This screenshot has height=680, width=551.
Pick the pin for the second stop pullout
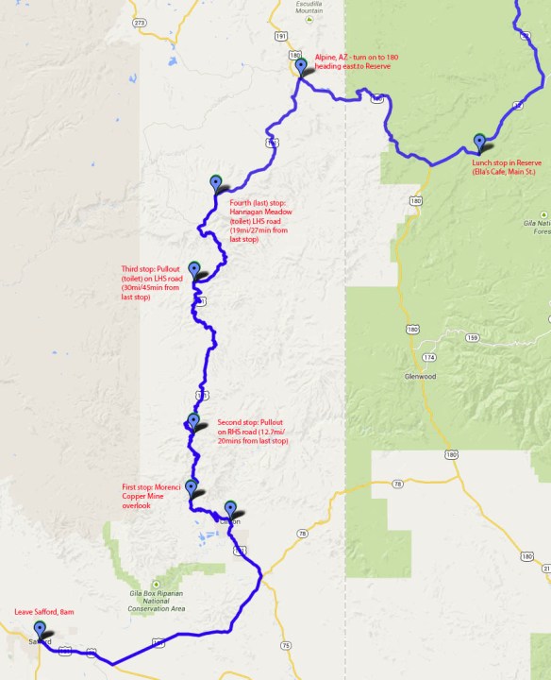pyautogui.click(x=193, y=421)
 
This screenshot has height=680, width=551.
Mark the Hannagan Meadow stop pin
pyautogui.click(x=216, y=182)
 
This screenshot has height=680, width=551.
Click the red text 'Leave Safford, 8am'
pyautogui.click(x=44, y=612)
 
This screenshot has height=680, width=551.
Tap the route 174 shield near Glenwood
pyautogui.click(x=429, y=358)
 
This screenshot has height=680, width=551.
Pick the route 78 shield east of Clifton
pyautogui.click(x=302, y=535)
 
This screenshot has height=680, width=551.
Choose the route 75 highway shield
pyautogui.click(x=285, y=645)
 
